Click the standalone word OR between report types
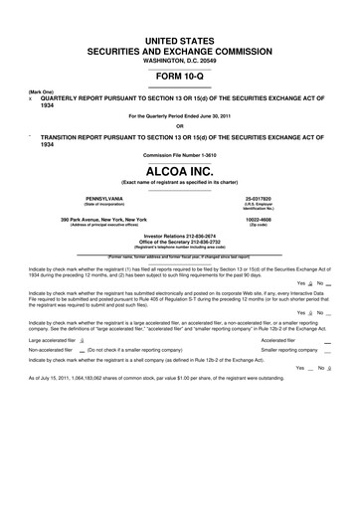pyautogui.click(x=180, y=125)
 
